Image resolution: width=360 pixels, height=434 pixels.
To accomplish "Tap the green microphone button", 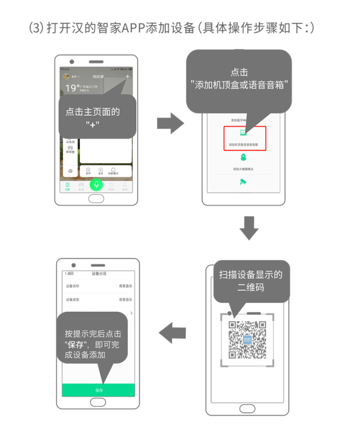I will [x=97, y=184].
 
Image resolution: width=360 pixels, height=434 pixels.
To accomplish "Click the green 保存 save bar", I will [x=98, y=390].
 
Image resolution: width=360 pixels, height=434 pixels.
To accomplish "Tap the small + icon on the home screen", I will [x=127, y=77].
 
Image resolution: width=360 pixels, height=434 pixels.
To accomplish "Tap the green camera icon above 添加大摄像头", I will [x=243, y=157].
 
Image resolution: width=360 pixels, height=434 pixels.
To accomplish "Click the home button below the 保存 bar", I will [x=98, y=403].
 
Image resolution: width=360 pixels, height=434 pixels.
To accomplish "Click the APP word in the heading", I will [x=130, y=28].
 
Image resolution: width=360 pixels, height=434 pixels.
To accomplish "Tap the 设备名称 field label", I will [x=72, y=286].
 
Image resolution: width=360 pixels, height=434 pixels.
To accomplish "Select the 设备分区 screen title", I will [x=99, y=274].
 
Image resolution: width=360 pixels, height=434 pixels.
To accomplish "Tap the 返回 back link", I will [x=70, y=274].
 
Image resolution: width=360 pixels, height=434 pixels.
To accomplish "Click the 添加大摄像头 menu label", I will [x=243, y=169].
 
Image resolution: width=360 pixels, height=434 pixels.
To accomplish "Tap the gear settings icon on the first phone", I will [x=70, y=171].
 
